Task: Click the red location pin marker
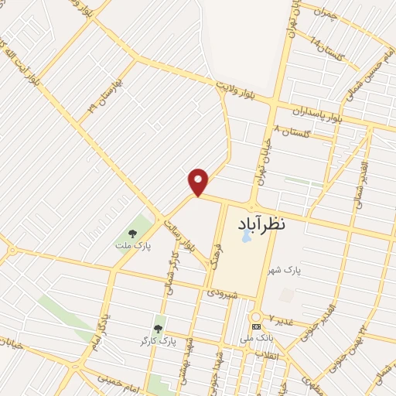coord(199,182)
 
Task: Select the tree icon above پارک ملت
coord(132,233)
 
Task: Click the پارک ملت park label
coord(132,246)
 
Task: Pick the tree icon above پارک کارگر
coord(159,329)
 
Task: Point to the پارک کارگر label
coord(159,341)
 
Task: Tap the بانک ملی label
coord(257,339)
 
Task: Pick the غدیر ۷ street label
coord(279,318)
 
